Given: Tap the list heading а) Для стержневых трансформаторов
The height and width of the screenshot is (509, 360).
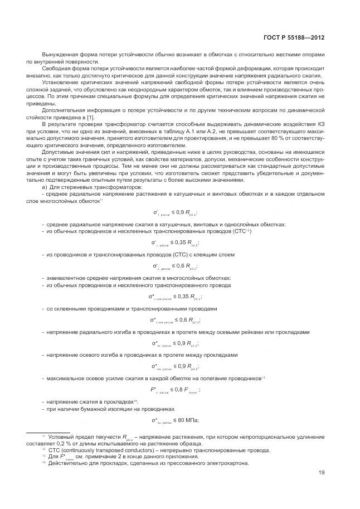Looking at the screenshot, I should [91, 187].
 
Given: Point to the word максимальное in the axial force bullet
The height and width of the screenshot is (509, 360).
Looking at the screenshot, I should [67, 379].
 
